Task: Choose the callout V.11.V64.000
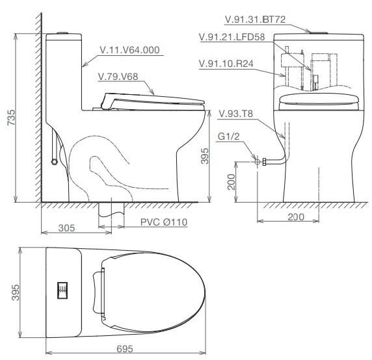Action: [x=130, y=49]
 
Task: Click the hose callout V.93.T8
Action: [x=235, y=113]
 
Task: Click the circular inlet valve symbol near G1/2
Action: [x=258, y=161]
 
